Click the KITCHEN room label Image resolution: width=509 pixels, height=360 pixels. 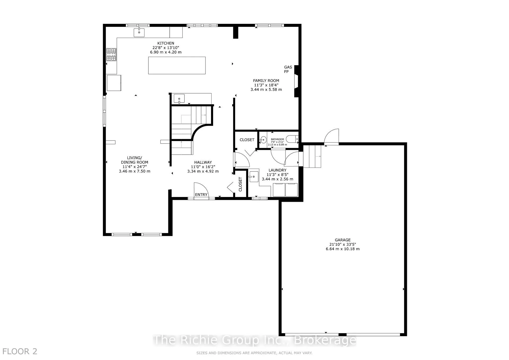click(166, 43)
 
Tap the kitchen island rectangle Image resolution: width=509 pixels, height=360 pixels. click(177, 65)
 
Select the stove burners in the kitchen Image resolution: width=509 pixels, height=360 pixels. click(111, 55)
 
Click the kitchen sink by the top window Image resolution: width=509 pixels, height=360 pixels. click(139, 32)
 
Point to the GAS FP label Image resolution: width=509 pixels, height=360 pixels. click(288, 69)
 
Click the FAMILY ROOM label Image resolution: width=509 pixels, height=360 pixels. click(266, 81)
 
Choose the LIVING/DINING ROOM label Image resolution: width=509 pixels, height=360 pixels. click(134, 160)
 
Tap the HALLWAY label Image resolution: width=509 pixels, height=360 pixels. click(203, 162)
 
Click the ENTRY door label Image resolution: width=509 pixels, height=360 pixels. click(201, 195)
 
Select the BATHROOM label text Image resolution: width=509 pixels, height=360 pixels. click(277, 139)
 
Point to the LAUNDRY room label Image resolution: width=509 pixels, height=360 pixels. click(277, 170)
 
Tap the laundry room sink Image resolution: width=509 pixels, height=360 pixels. click(254, 177)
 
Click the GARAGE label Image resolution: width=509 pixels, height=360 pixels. click(343, 240)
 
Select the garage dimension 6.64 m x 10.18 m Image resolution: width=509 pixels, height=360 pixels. click(343, 249)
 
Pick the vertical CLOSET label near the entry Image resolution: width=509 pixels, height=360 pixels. click(240, 184)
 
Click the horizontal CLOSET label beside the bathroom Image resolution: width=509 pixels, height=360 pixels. click(247, 140)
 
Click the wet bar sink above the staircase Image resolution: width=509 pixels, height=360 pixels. click(179, 99)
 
